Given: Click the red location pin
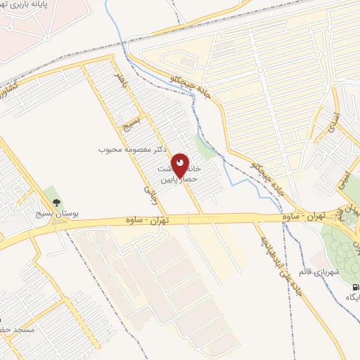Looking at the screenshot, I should (x=180, y=166).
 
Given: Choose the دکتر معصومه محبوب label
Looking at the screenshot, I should (x=125, y=150).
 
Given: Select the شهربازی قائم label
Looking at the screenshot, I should (x=337, y=272).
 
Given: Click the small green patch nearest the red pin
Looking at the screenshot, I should (x=205, y=147).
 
